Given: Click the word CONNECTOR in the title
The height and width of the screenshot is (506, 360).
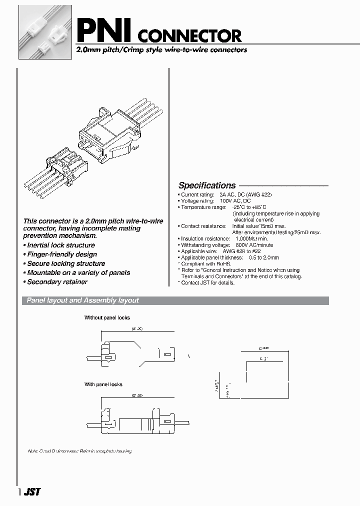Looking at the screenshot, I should [x=189, y=36].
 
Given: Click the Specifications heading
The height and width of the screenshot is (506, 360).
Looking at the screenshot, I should [x=207, y=185].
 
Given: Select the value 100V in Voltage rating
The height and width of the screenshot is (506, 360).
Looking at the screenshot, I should [x=227, y=200].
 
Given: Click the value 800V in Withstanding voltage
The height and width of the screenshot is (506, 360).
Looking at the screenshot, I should [x=238, y=245].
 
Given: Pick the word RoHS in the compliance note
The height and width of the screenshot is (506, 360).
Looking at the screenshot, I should [x=224, y=264].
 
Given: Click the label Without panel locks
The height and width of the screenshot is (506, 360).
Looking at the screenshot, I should [x=107, y=318].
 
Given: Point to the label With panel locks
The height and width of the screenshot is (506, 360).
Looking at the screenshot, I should [x=103, y=384].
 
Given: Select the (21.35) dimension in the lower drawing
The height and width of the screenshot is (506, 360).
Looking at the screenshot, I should [x=137, y=395].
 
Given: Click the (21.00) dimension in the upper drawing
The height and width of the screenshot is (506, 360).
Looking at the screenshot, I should [x=137, y=328].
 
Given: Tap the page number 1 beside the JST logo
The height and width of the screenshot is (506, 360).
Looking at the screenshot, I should [x=19, y=492].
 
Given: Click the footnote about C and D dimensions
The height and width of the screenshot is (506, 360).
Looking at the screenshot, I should [x=80, y=451].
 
